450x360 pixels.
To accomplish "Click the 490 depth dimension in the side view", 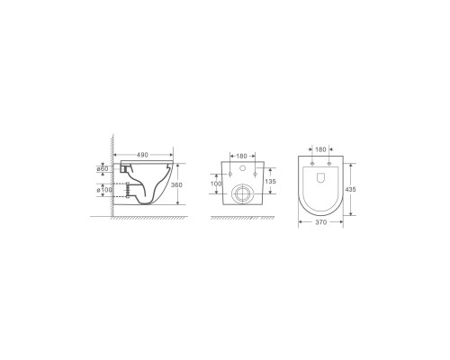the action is point(142,155).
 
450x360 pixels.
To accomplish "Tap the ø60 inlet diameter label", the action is point(103,169).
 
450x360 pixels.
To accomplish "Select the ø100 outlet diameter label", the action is point(104,190).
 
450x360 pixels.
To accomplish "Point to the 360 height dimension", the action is point(176,185).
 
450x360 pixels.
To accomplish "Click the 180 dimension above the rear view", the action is point(241,156).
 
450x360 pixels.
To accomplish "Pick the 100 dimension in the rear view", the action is point(216,184).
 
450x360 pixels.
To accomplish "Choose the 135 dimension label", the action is point(271,182).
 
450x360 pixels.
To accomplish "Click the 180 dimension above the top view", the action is point(320,149).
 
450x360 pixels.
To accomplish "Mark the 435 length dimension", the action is point(350,190).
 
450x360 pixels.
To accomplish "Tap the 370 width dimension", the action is point(321,222).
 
